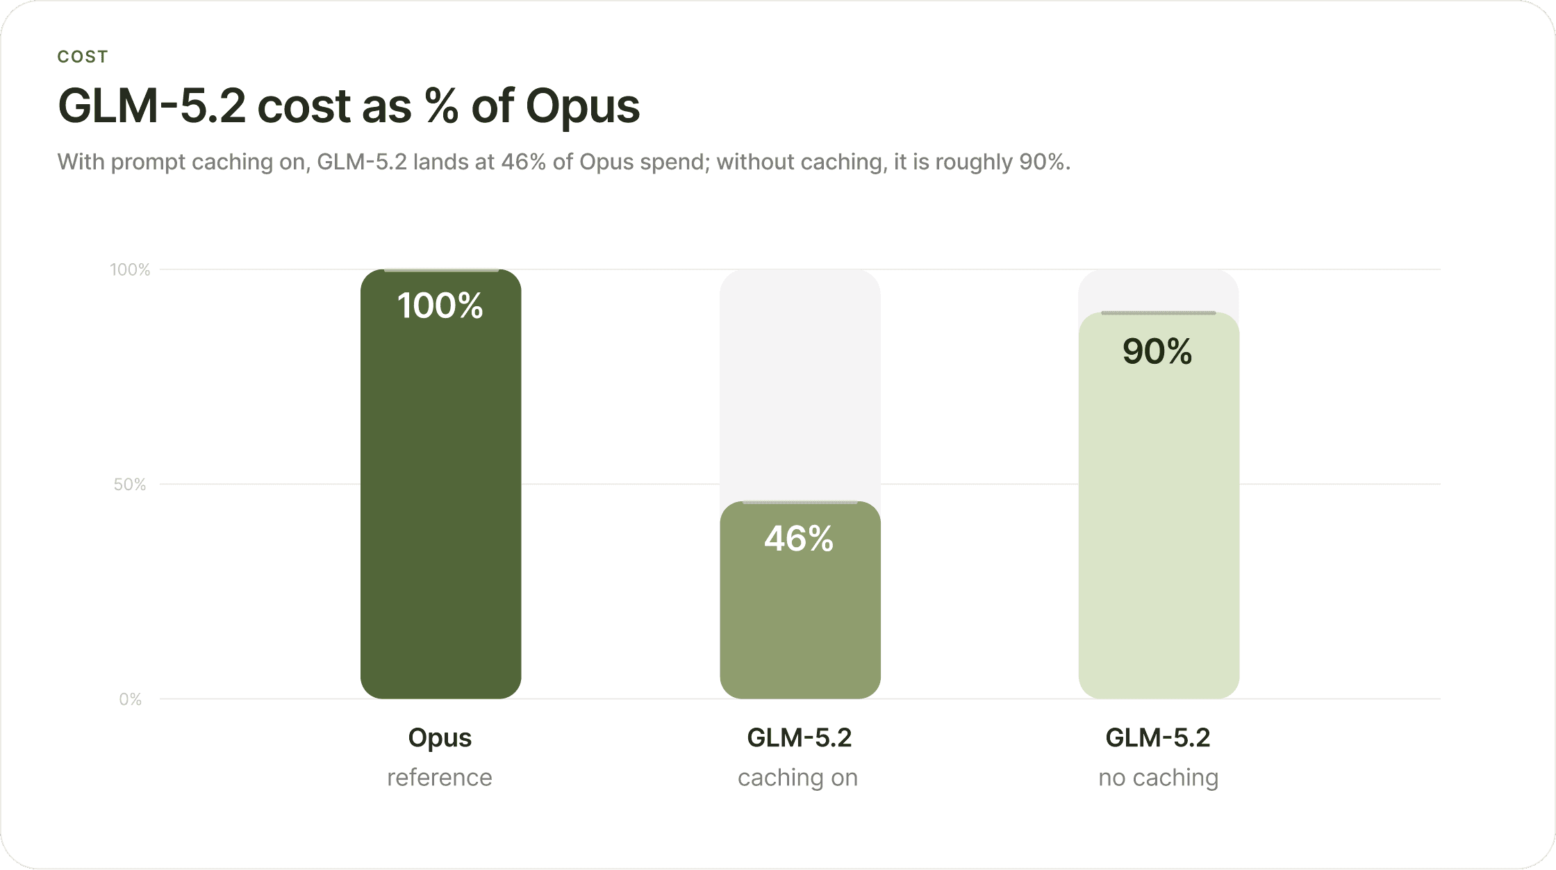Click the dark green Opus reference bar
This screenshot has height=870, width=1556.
coord(440,484)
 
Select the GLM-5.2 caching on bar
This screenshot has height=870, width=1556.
coord(800,600)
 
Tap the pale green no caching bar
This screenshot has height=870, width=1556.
coord(1159,505)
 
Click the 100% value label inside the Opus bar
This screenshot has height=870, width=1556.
coord(440,306)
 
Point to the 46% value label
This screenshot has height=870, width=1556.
coord(800,539)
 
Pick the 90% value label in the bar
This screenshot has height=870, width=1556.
coord(1158,351)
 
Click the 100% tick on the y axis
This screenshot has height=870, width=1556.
coord(131,269)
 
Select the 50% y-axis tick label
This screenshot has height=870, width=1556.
coord(130,484)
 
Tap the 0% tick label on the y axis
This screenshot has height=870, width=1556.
coord(131,699)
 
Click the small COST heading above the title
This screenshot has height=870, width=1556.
coord(83,57)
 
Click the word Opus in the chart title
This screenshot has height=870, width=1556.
coord(583,107)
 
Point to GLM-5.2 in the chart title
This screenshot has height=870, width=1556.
coord(152,106)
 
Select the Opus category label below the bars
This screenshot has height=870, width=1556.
coord(440,738)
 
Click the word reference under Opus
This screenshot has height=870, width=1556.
coord(440,778)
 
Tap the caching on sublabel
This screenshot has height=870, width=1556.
coord(798,778)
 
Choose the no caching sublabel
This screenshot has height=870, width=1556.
coord(1159,778)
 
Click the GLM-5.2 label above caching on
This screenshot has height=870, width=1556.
coord(800,737)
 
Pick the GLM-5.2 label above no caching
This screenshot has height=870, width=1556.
coord(1158,737)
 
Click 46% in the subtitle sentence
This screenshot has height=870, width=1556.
coord(524,162)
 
